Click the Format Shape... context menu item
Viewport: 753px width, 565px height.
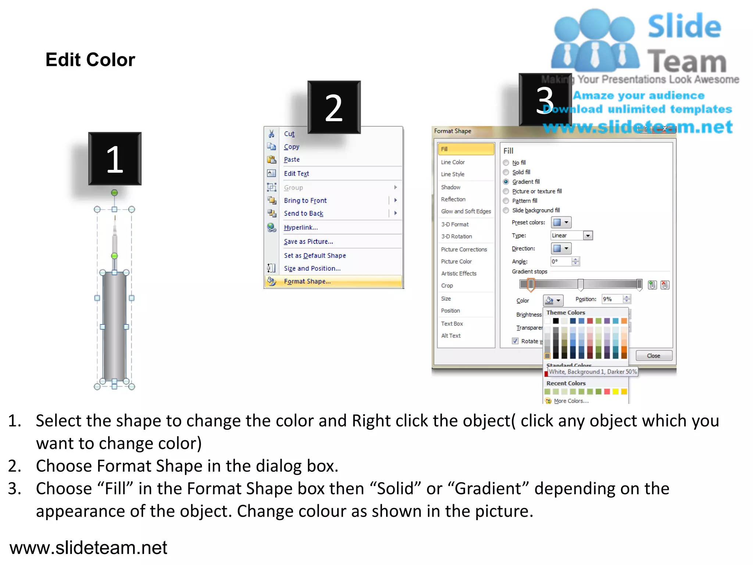point(307,281)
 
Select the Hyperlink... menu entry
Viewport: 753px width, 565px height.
point(300,228)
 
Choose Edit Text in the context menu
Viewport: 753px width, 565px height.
point(296,174)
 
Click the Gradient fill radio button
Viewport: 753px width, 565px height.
point(506,182)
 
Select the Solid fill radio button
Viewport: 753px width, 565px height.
point(506,172)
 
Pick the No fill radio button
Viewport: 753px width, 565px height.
point(506,163)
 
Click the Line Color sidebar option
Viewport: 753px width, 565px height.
point(453,162)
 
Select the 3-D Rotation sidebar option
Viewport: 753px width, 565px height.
point(456,237)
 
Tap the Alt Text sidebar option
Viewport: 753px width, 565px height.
point(451,336)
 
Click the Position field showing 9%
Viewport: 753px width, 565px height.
point(612,299)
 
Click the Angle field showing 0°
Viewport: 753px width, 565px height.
point(561,262)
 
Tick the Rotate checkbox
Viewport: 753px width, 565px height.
point(515,341)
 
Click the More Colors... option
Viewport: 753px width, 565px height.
point(571,401)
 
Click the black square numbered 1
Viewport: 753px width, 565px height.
point(115,159)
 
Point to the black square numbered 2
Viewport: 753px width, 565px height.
point(334,107)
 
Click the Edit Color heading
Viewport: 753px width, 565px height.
point(90,60)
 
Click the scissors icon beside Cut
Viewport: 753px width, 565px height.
point(271,134)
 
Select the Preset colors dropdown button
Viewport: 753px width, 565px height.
point(561,223)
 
